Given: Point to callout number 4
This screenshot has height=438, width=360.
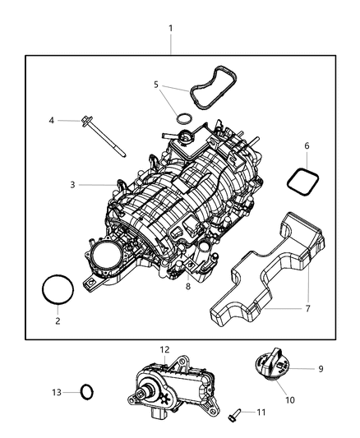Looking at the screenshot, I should tap(52, 121).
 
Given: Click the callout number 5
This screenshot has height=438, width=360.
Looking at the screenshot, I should tap(156, 84).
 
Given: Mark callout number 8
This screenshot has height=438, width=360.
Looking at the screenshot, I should tap(188, 287).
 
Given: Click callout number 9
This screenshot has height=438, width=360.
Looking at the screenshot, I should tap(320, 369).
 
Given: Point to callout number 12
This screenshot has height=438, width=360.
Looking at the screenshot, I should tap(164, 350).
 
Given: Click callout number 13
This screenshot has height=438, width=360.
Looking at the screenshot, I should tap(57, 394).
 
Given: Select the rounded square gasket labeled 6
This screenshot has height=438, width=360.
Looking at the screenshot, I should tap(300, 178).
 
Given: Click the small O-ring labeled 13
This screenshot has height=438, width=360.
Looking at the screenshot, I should tap(85, 391).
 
